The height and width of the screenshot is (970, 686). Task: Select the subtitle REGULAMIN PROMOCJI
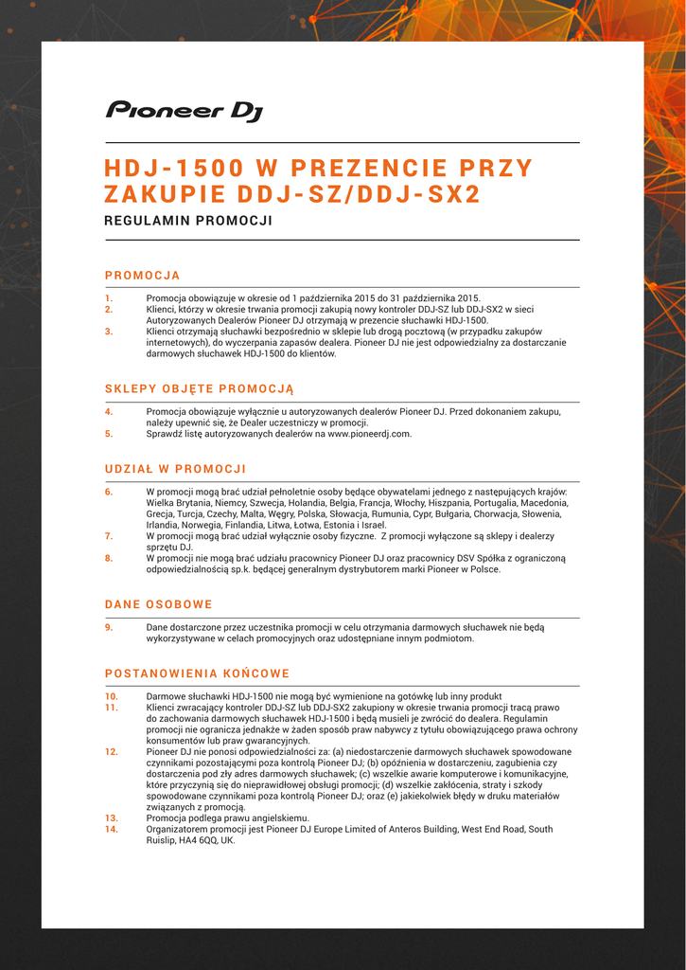coord(188,221)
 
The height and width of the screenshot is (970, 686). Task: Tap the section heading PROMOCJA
coord(142,276)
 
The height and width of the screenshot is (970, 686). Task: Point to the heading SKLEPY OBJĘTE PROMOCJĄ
coord(200,389)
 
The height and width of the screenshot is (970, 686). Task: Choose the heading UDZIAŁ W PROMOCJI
coord(175,469)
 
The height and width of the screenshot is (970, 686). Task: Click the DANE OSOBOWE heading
coord(158,604)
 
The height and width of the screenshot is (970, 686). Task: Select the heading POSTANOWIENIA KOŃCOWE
coord(197,674)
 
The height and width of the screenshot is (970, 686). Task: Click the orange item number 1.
coord(108,297)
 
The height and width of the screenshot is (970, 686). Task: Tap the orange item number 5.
coord(109,434)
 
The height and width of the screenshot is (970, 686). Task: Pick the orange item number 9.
coord(109,627)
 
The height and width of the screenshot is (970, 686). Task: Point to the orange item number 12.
coord(111,751)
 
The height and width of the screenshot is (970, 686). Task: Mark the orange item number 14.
coord(111,829)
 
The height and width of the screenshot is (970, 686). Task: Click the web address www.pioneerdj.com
coord(369,434)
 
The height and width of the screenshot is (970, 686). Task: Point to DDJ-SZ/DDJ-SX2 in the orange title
coord(359,195)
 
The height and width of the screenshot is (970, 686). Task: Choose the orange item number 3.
coord(109,332)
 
